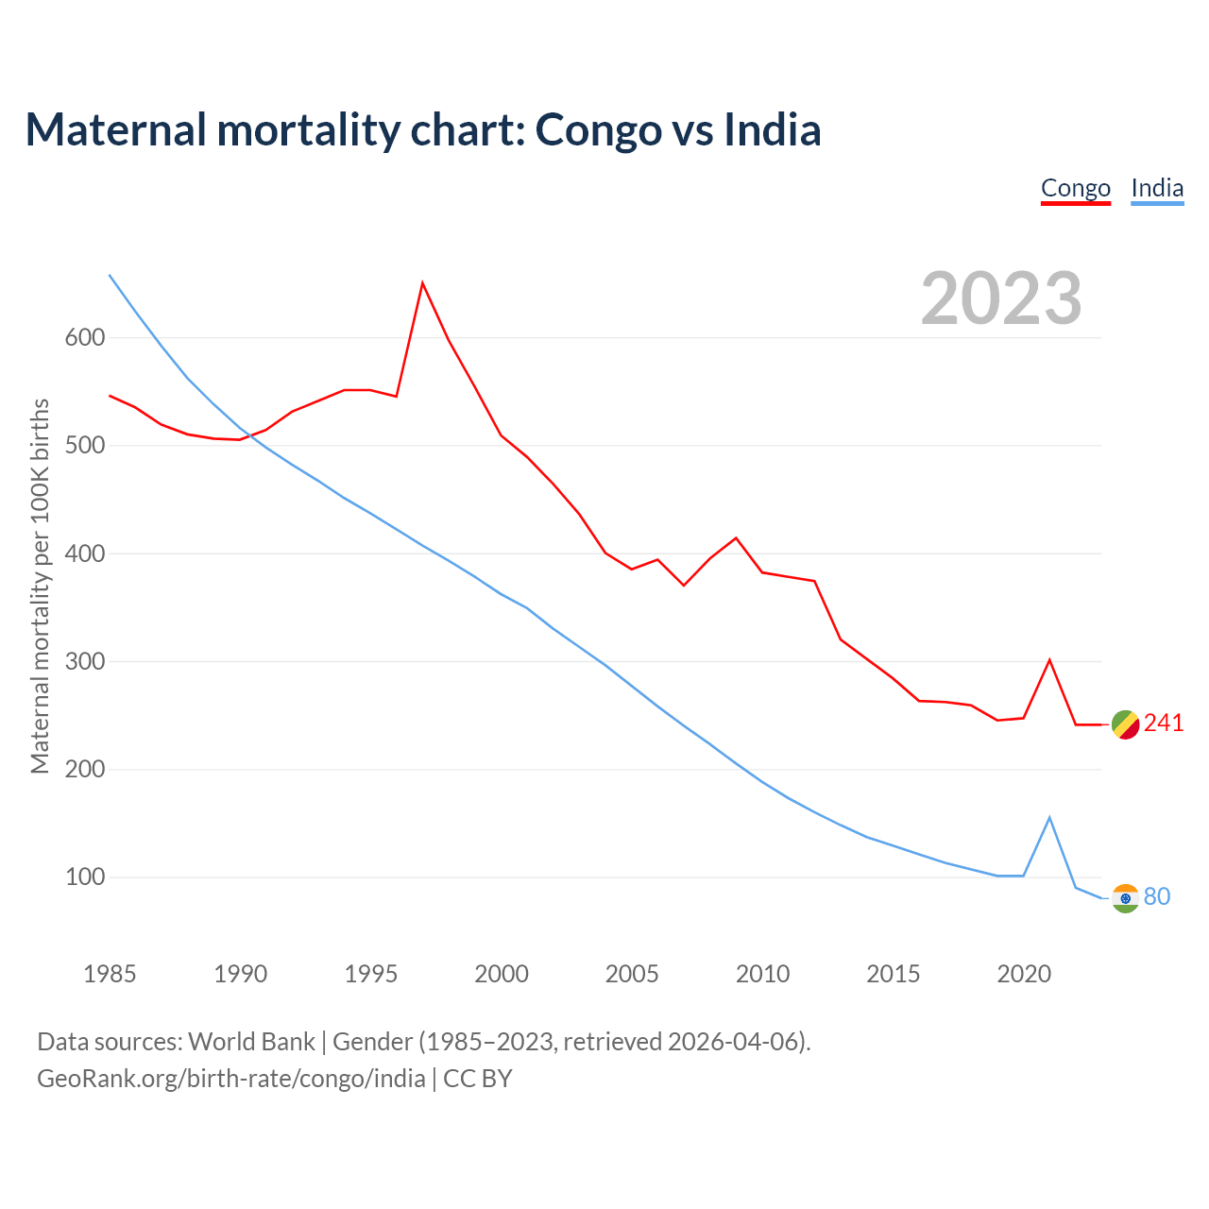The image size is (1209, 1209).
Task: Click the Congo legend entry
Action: point(1075,188)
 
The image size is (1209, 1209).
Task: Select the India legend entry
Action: point(1157,188)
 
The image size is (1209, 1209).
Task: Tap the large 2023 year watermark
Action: point(1001,298)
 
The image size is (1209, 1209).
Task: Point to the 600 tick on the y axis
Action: point(84,338)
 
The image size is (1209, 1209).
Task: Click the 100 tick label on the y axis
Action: point(84,877)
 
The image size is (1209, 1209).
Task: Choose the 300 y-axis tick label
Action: point(84,662)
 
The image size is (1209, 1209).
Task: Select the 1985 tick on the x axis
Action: point(110,974)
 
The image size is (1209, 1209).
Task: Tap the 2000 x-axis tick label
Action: point(502,974)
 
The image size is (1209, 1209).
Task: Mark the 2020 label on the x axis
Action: point(1024,974)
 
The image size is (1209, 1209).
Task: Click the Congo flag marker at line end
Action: point(1125,724)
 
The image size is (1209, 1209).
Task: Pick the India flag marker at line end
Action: point(1125,898)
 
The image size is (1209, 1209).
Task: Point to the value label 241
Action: point(1164,724)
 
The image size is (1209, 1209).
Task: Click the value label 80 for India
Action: point(1157,896)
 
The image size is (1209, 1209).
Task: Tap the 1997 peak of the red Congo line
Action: point(422,282)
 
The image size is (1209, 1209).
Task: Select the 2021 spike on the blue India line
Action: point(1049,818)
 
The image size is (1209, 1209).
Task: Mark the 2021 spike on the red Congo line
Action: point(1049,660)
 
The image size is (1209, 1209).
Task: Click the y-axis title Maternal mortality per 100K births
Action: point(40,586)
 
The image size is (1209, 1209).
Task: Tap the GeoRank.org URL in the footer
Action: point(231,1079)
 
